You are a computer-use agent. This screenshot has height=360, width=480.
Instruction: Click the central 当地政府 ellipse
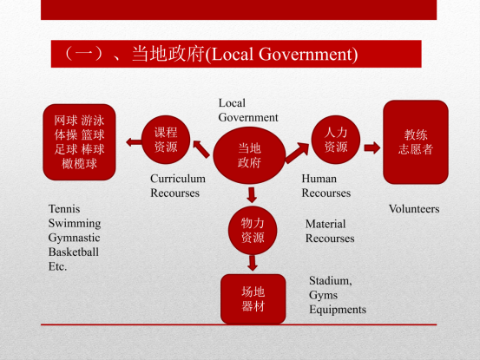(249, 155)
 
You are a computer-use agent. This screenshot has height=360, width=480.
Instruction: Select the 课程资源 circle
(166, 140)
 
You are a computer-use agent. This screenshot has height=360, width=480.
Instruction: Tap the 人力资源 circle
(336, 140)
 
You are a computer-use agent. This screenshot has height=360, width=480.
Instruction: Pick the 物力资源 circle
(253, 231)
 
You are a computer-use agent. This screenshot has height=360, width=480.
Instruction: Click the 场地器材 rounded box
(253, 298)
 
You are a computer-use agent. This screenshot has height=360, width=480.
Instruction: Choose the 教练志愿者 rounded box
(416, 142)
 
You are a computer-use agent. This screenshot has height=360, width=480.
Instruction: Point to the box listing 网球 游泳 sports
(79, 142)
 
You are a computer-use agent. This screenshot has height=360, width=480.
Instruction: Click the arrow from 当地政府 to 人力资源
(297, 153)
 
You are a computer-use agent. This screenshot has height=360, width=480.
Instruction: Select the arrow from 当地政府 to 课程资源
(201, 149)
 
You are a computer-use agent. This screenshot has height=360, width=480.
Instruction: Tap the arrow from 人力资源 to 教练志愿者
(372, 148)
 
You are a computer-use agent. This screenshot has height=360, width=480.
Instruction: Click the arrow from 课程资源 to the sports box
(134, 142)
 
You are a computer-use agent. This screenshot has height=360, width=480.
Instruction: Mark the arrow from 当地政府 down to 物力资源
(252, 195)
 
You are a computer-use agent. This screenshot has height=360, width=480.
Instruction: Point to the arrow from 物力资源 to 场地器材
(253, 263)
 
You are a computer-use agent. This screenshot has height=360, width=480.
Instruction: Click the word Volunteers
(414, 209)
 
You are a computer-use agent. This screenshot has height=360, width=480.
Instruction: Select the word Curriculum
(178, 179)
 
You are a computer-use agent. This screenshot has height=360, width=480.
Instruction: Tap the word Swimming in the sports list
(75, 224)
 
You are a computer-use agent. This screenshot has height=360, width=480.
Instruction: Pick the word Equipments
(338, 310)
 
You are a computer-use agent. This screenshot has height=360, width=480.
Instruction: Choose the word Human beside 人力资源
(319, 179)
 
